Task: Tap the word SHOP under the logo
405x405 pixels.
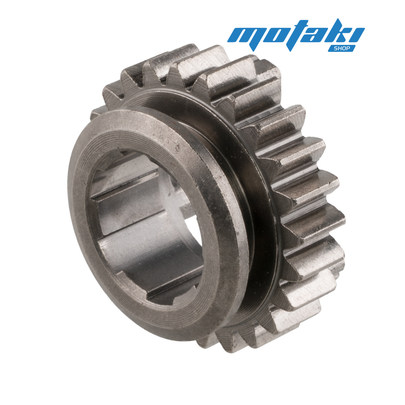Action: click(x=342, y=48)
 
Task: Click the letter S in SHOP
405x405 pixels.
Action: click(x=336, y=48)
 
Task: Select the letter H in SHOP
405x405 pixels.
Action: click(x=340, y=48)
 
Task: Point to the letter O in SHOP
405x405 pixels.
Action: click(x=344, y=48)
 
